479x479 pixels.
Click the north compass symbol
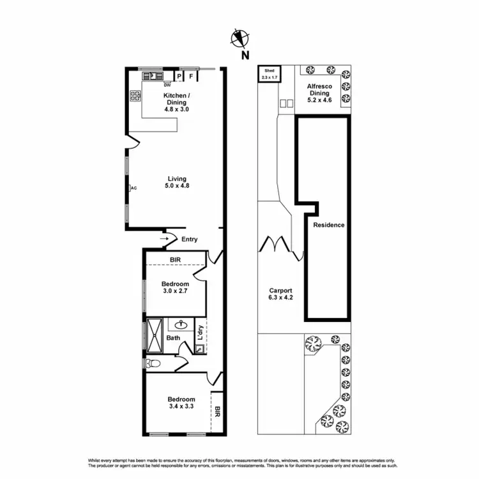point(241,40)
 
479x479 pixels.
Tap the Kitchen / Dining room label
point(176,102)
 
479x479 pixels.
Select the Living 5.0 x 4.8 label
point(177,182)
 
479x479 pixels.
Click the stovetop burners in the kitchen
point(135,96)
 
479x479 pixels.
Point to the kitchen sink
point(152,76)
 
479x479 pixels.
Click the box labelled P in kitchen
point(179,77)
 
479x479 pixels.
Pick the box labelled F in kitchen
point(190,77)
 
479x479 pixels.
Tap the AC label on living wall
point(133,188)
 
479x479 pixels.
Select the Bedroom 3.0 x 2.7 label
point(175,288)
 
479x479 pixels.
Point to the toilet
point(151,363)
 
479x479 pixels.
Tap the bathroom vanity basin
point(181,324)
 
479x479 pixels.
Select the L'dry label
point(200,332)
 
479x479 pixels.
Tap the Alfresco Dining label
point(319,93)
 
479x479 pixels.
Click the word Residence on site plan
point(328,225)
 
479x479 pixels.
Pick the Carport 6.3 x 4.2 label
point(280,294)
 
